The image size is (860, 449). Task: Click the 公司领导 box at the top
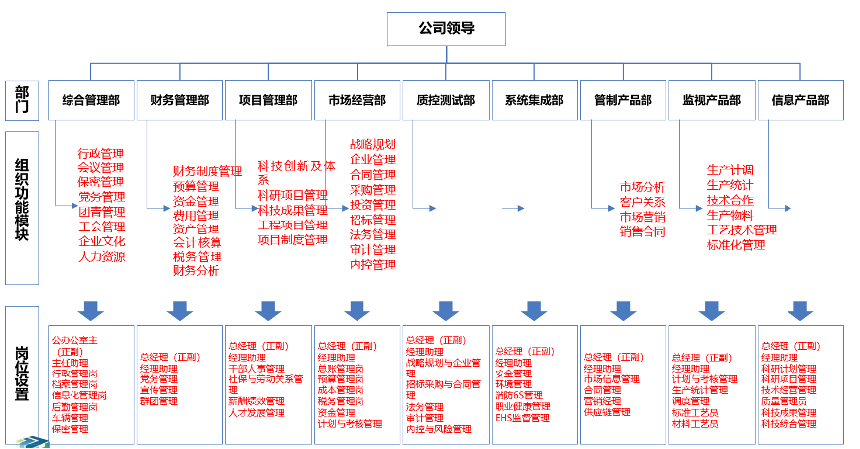tap(446, 29)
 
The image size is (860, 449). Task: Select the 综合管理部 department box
tap(90, 100)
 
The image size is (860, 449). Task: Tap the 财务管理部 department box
tap(180, 100)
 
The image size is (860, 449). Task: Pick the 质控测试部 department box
tap(446, 100)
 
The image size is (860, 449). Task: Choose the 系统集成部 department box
tap(534, 100)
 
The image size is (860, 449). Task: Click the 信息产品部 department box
tap(800, 100)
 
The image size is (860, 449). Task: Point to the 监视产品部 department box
tap(712, 100)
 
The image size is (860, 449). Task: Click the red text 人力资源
tap(101, 256)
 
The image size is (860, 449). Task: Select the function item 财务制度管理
tap(207, 171)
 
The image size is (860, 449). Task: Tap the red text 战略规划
tap(372, 144)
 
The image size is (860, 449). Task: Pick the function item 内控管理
tap(372, 264)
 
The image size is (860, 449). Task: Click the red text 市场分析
tap(642, 187)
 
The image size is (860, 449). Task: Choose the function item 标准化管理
tap(736, 244)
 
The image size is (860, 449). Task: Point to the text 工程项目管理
tap(292, 224)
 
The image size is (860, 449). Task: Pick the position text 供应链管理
tap(607, 411)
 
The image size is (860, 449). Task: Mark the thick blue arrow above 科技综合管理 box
tap(800, 310)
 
